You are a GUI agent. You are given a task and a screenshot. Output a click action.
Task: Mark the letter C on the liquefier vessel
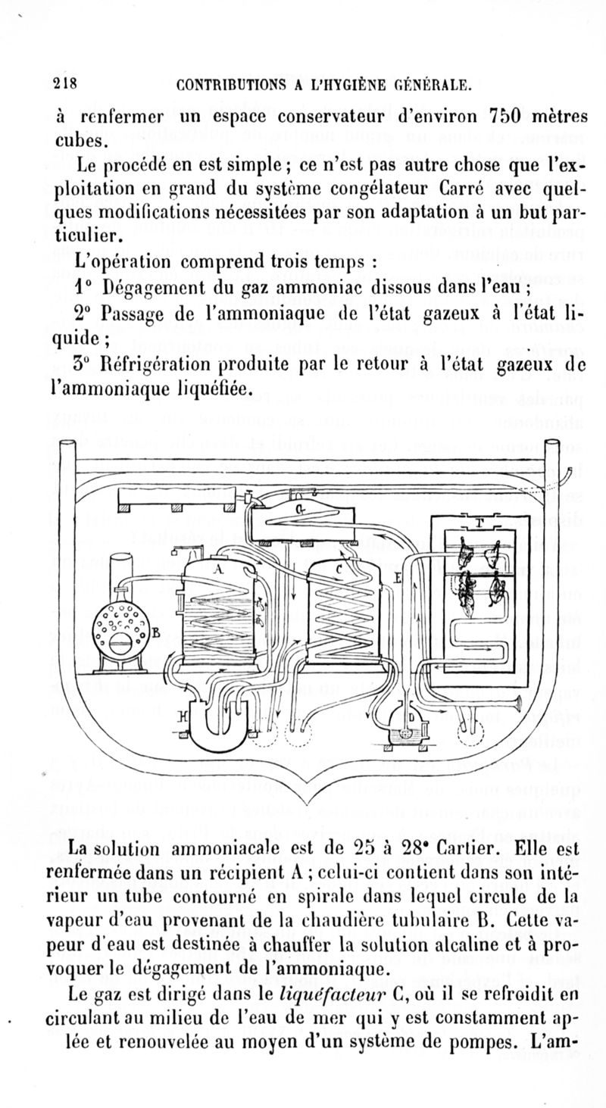(339, 570)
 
